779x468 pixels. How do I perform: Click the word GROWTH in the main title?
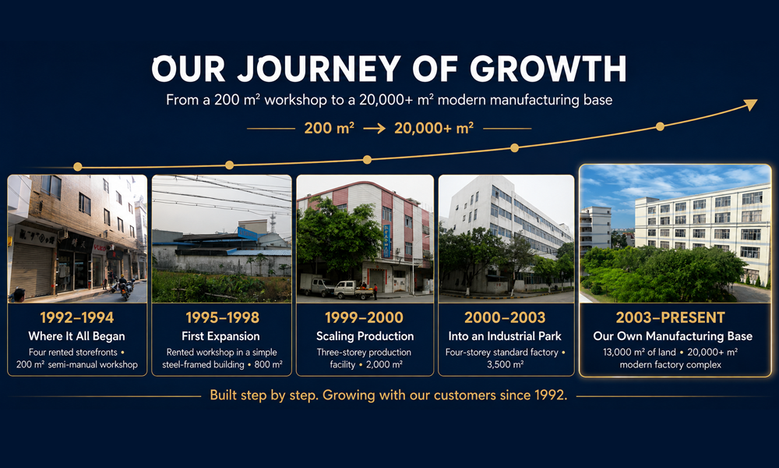[548, 69]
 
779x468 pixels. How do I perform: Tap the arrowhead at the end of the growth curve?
[751, 104]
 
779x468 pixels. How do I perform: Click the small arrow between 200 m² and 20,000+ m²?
[374, 129]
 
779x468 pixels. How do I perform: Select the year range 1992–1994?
[77, 317]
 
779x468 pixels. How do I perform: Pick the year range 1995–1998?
[222, 317]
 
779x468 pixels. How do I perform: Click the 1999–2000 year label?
[364, 317]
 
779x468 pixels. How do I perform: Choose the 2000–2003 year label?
[505, 317]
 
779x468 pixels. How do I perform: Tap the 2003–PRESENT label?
[670, 317]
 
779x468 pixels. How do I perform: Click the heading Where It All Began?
[76, 336]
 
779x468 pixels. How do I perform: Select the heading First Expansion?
[220, 336]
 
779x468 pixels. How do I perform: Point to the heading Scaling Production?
[365, 336]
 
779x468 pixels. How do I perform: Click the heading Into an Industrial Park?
[505, 336]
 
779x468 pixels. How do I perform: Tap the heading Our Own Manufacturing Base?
[673, 336]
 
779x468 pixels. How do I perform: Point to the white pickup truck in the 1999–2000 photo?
[352, 289]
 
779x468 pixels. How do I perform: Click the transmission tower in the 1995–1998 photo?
[272, 223]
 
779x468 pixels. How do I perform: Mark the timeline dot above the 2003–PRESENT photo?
[660, 126]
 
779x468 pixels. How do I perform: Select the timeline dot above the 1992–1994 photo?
[77, 167]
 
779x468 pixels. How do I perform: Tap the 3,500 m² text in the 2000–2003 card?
[505, 364]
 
